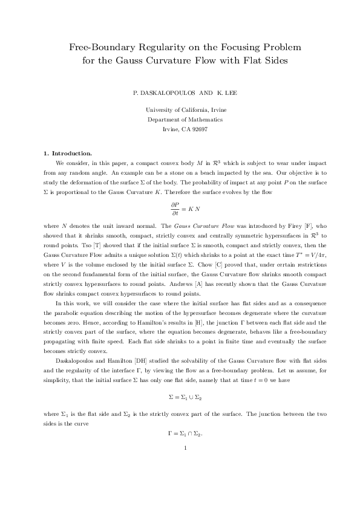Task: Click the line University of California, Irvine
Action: tap(180, 109)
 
